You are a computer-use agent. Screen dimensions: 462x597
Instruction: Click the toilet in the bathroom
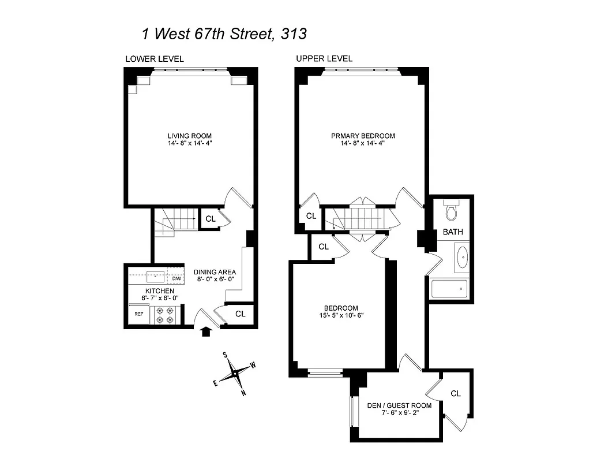(x=451, y=211)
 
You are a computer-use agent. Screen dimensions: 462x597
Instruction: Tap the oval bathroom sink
(x=463, y=258)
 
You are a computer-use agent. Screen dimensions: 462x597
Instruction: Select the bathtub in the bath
(x=450, y=289)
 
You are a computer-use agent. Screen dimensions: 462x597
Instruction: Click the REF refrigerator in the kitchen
(x=139, y=314)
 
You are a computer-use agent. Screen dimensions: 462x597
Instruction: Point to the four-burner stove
(x=166, y=314)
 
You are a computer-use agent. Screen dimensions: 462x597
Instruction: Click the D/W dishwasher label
(x=176, y=278)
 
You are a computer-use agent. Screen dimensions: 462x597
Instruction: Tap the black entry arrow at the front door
(x=205, y=331)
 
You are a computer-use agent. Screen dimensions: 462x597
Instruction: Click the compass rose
(x=235, y=374)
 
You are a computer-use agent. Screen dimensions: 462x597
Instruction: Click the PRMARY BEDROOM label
(x=363, y=136)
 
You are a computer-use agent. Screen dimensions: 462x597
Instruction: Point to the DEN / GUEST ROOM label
(x=398, y=405)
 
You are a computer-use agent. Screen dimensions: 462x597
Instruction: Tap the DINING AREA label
(x=214, y=273)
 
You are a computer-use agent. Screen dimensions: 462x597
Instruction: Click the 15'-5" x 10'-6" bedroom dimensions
(x=340, y=315)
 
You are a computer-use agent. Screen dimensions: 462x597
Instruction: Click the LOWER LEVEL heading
(x=155, y=59)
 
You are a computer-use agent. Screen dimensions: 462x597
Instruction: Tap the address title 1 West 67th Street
(x=224, y=33)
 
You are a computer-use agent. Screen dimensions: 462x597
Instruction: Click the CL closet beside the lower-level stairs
(x=210, y=219)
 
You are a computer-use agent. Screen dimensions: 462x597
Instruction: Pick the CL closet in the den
(x=456, y=393)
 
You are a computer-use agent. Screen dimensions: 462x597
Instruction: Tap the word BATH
(x=453, y=232)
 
